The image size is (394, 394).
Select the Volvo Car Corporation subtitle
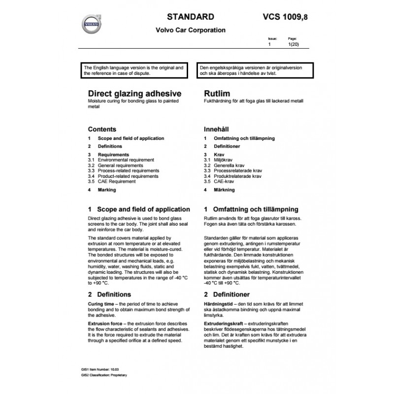(191, 30)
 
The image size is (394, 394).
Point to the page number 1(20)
(293, 44)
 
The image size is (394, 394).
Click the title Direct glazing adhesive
(134, 93)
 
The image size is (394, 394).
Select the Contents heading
(102, 129)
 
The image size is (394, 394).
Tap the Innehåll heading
(217, 129)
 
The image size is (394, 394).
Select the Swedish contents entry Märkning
(224, 190)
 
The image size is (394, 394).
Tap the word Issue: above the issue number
(272, 38)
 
